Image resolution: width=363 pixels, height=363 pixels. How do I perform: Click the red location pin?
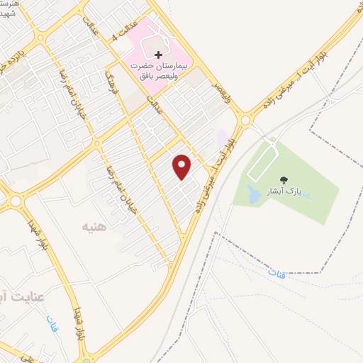(182, 166)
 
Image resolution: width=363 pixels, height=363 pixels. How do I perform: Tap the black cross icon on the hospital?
(157, 55)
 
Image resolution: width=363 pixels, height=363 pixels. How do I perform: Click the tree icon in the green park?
(284, 181)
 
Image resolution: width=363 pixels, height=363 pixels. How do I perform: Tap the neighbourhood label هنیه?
(94, 228)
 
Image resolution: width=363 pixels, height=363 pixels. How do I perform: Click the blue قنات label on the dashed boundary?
(277, 272)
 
